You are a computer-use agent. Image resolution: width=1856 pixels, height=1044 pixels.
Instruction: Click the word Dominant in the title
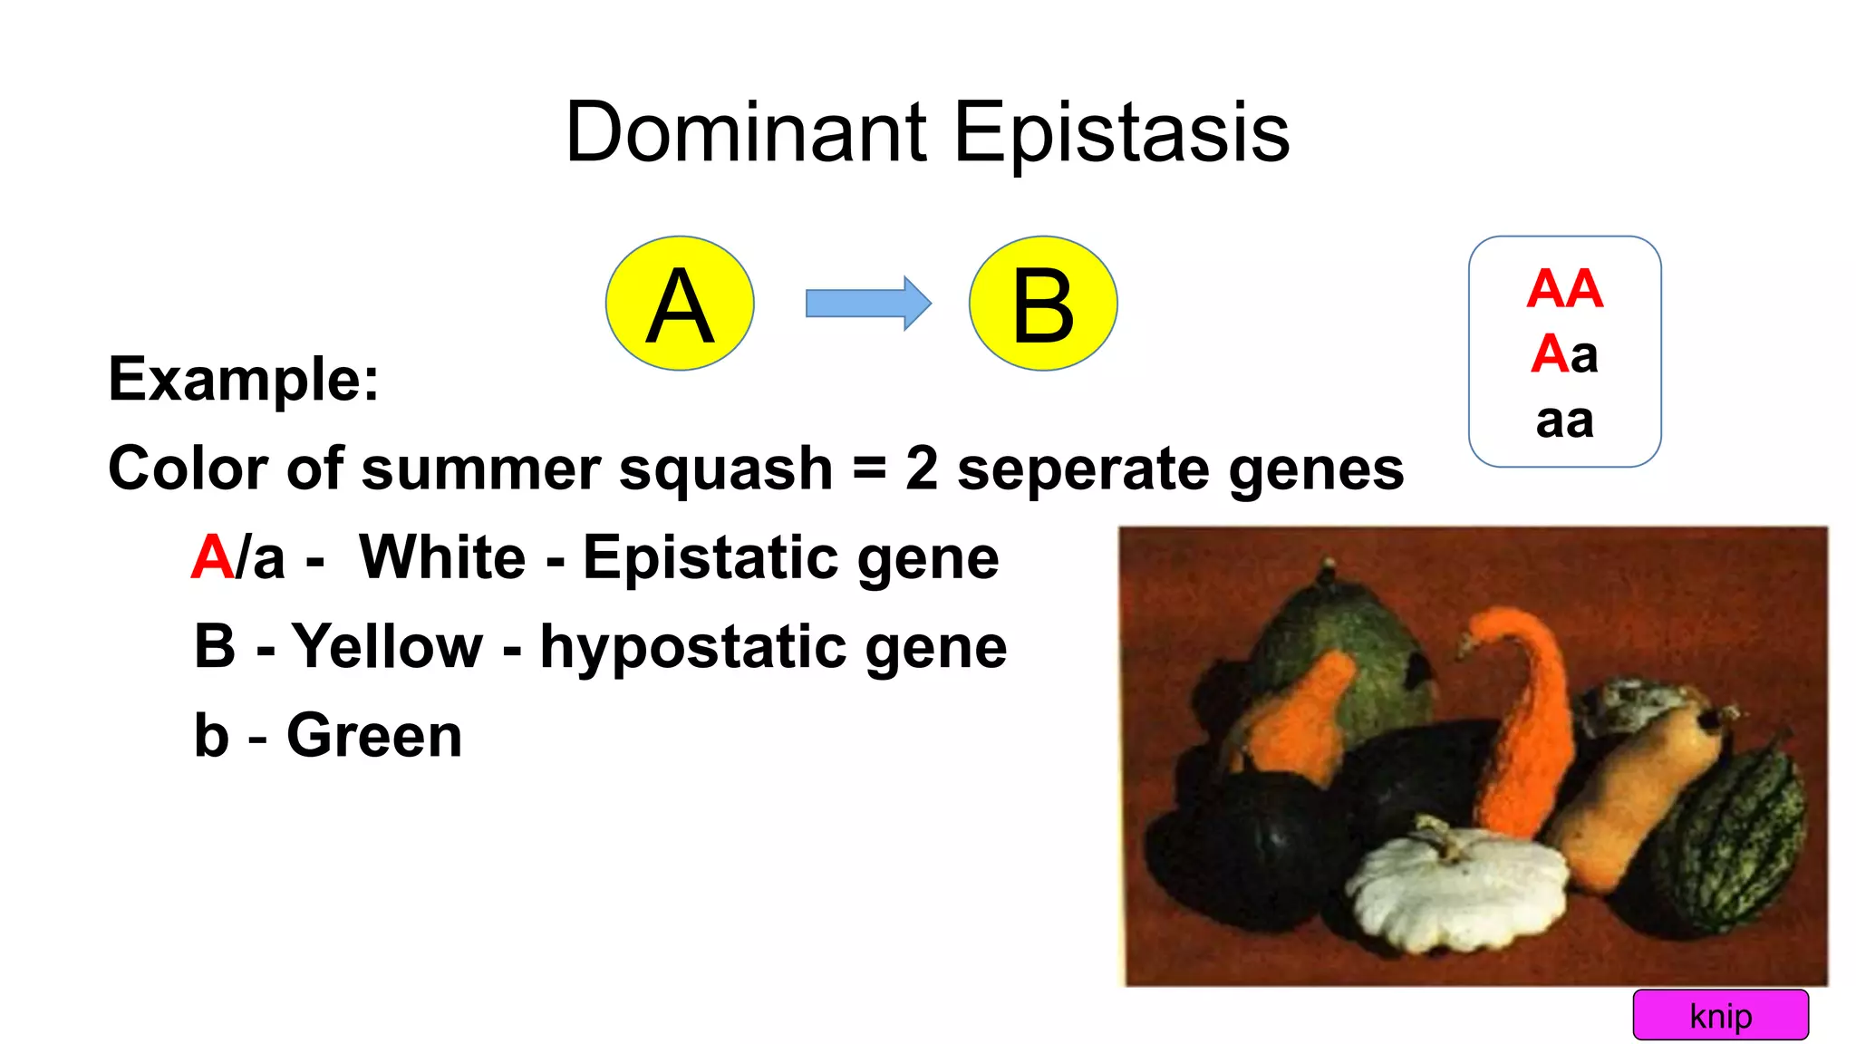click(x=746, y=132)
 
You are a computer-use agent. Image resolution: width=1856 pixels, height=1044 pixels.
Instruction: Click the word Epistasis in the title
click(x=1121, y=132)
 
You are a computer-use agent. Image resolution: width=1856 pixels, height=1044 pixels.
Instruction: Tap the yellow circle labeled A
click(x=680, y=304)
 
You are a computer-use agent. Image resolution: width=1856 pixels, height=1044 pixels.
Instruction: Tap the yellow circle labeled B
click(x=1043, y=304)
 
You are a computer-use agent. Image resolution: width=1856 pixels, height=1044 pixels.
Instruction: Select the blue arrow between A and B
click(x=867, y=304)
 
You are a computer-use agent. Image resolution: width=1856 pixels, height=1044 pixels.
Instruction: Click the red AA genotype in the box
click(x=1565, y=289)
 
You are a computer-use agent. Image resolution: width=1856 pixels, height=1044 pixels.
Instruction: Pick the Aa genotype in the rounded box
click(x=1565, y=353)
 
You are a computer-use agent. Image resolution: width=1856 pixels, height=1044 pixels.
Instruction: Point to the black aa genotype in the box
click(x=1565, y=420)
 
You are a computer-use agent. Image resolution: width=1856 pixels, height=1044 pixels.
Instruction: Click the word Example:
click(x=244, y=379)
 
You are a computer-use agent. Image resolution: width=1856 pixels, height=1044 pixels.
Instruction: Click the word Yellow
click(x=387, y=646)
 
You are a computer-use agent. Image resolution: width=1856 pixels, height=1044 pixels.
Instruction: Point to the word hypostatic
click(x=693, y=646)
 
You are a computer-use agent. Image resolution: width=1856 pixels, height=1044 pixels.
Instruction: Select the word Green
click(x=374, y=735)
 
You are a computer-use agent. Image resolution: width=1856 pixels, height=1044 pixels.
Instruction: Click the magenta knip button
click(x=1720, y=1015)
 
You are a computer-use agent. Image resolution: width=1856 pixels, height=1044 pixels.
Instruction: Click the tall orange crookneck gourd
click(x=1522, y=716)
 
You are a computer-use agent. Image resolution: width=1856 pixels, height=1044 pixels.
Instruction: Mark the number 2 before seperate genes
click(x=922, y=469)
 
